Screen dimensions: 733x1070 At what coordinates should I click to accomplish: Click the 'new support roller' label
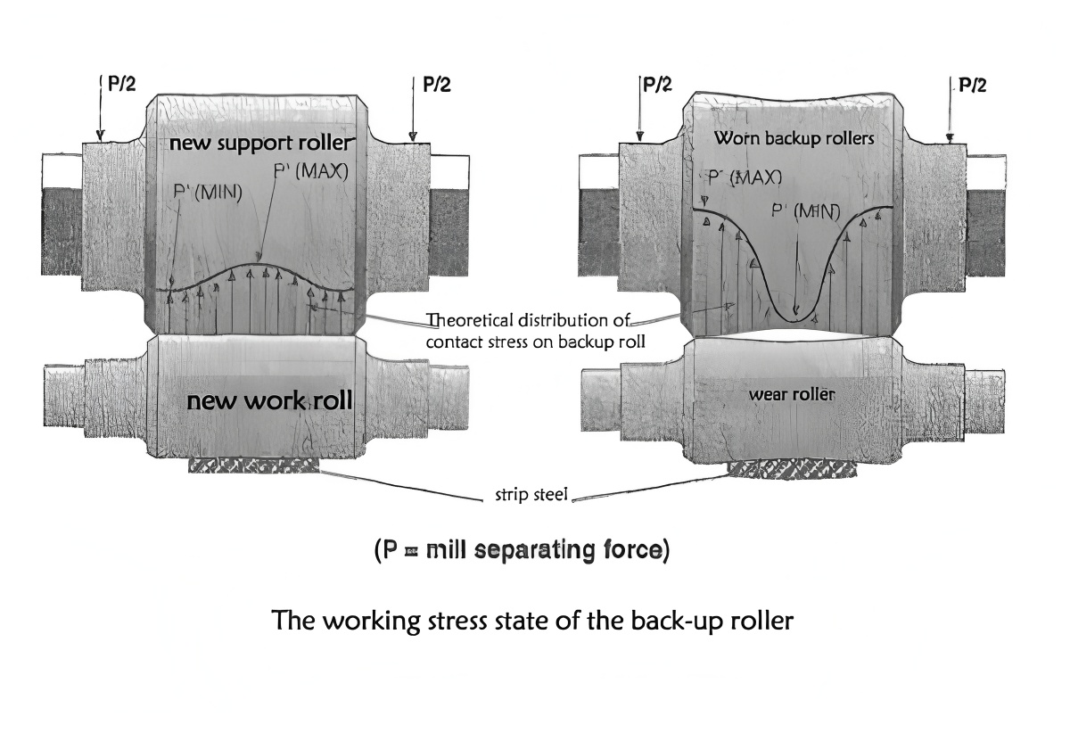262,143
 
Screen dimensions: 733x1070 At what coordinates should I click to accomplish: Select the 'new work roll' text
269,401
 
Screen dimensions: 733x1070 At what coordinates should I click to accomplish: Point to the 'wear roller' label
792,393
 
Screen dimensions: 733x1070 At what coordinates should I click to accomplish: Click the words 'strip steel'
531,495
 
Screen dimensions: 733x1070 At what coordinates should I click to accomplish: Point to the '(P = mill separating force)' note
522,550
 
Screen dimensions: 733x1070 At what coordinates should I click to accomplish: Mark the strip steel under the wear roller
791,468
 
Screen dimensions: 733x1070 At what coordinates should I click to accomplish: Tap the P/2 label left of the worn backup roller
657,84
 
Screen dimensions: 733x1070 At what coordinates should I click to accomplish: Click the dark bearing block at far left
62,231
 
